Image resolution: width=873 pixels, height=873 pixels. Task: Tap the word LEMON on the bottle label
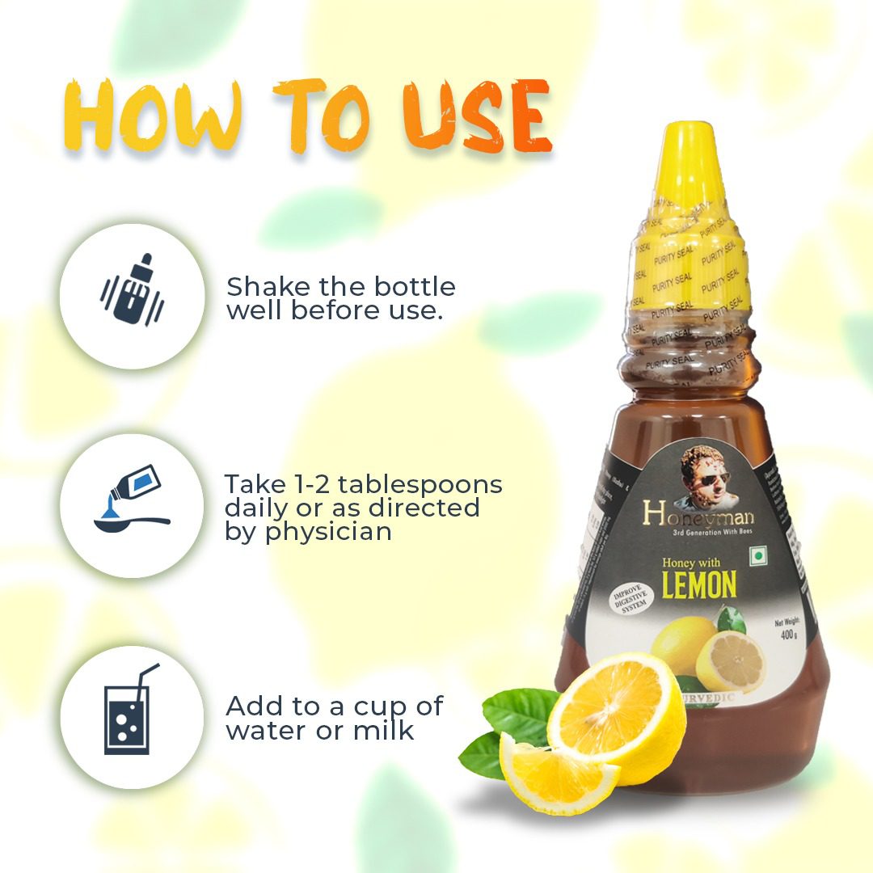point(698,584)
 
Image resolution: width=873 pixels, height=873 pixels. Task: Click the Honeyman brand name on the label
point(692,512)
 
